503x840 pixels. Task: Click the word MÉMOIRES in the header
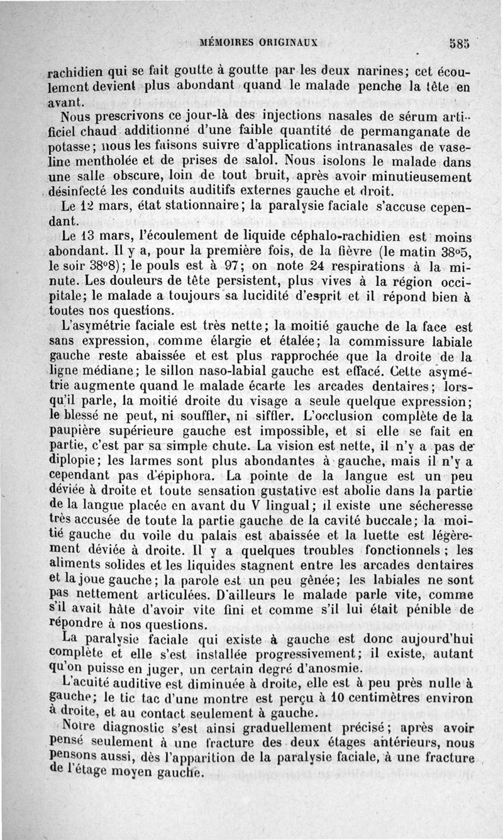point(226,43)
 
